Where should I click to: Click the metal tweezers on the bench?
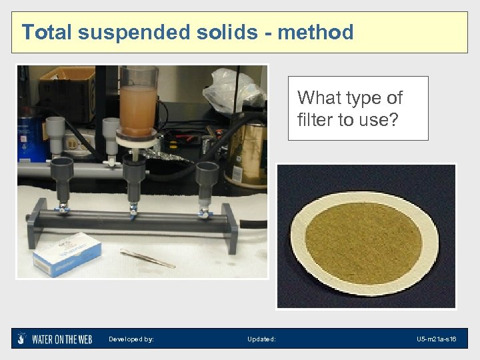147,257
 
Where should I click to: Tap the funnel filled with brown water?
138,101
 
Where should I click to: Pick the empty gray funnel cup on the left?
61,175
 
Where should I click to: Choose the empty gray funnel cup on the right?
207,177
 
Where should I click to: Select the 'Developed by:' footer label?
131,339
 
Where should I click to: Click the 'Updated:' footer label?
261,339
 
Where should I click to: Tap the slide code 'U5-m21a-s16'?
436,339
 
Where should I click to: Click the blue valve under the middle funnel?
134,210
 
